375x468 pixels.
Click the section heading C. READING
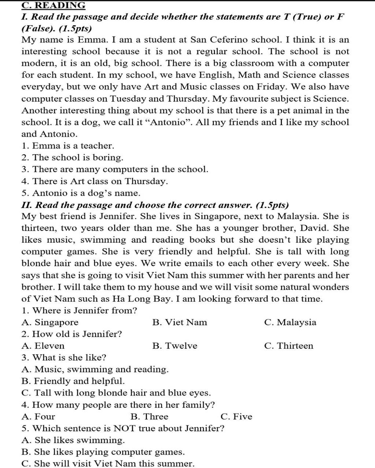coord(53,5)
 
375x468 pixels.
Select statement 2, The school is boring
coord(73,158)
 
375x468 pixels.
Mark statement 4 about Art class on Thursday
coord(95,181)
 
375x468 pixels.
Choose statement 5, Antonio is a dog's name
coord(81,193)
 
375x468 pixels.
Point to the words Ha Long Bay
coord(142,299)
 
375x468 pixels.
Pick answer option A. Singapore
coord(50,322)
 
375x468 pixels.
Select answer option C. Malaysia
coord(290,322)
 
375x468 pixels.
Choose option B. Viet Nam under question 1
coord(179,322)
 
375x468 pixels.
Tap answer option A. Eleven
coord(43,346)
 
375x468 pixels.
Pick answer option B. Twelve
coord(175,346)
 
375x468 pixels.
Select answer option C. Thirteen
coord(289,346)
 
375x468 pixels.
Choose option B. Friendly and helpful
coord(73,381)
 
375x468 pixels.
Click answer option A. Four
coord(38,416)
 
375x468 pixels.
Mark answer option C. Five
coord(237,416)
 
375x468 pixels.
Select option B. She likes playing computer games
coord(103,452)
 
